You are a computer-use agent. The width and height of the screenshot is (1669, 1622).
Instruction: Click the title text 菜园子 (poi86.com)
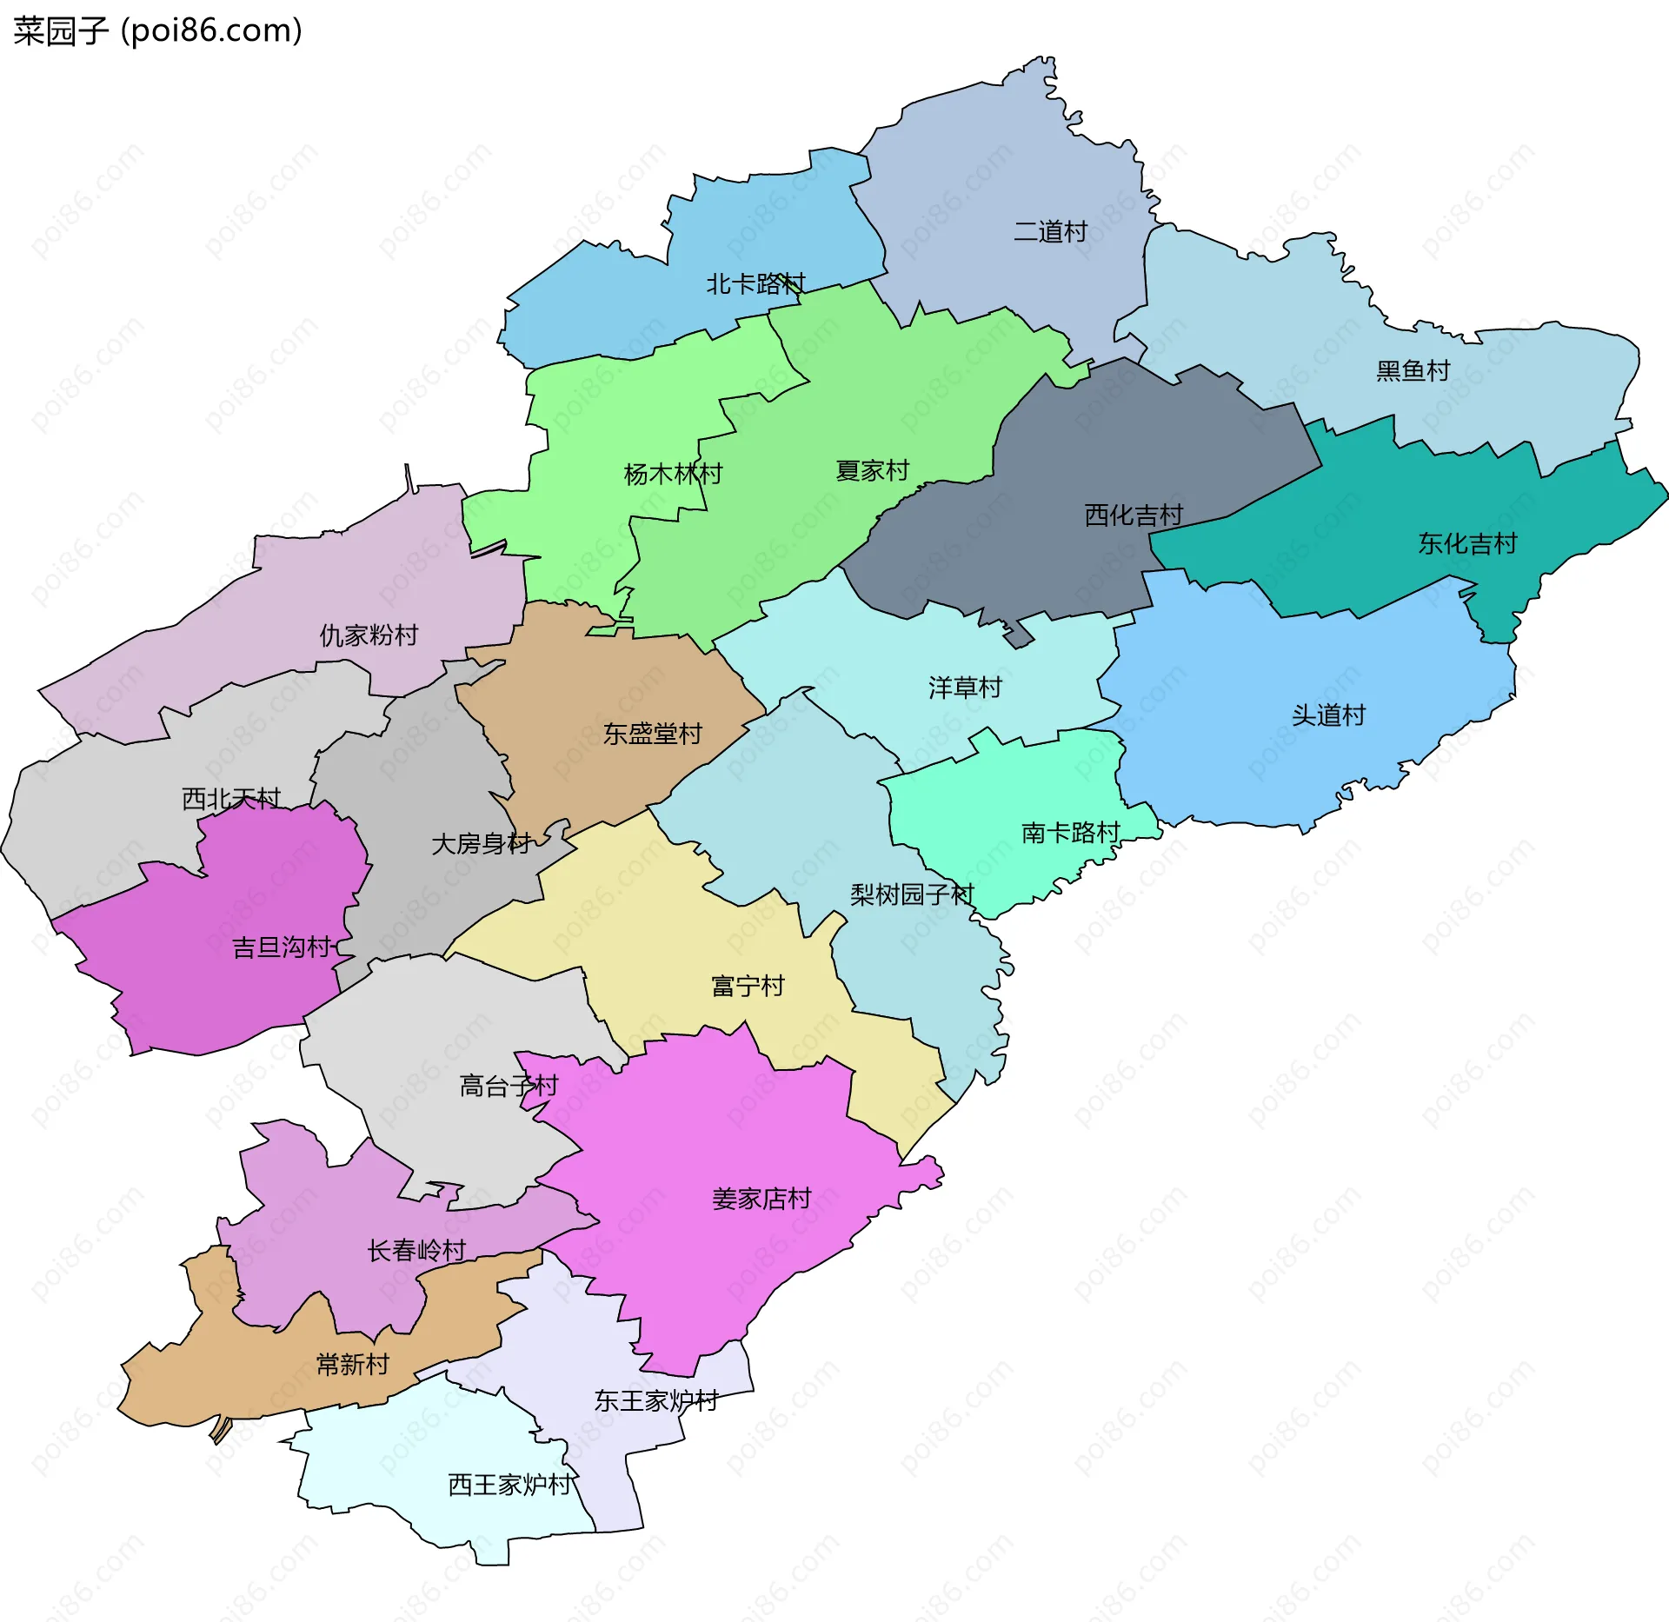click(x=157, y=30)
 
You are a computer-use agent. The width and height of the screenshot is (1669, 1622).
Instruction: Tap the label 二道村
click(x=1050, y=232)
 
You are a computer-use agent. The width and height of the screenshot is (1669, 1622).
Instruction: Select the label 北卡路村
click(x=755, y=284)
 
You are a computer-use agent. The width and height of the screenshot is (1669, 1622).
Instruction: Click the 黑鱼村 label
click(x=1413, y=371)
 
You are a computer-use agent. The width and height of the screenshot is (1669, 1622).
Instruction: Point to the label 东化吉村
click(x=1467, y=544)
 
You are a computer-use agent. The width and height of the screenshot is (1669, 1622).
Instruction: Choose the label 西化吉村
click(x=1133, y=515)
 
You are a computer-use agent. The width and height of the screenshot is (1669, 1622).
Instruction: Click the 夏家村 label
click(x=872, y=471)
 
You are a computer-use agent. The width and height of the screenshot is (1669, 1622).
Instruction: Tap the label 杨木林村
click(x=673, y=475)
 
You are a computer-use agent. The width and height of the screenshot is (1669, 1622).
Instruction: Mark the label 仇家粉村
click(x=369, y=635)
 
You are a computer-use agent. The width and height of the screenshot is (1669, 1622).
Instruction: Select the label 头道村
click(x=1328, y=715)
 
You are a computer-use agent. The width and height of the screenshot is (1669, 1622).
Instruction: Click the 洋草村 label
click(x=965, y=688)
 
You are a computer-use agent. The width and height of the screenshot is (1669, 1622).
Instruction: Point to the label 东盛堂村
click(x=652, y=735)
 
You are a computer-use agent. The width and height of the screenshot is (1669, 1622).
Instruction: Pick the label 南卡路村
click(x=1070, y=833)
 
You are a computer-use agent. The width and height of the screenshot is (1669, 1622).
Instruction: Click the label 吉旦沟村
click(x=282, y=947)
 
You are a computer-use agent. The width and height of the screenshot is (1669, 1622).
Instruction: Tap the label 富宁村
click(x=748, y=987)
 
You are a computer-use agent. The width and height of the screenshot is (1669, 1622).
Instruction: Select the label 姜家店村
click(x=761, y=1200)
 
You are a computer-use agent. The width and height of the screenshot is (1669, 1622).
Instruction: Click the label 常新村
click(x=352, y=1365)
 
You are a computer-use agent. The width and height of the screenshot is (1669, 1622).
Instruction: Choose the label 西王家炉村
click(x=509, y=1485)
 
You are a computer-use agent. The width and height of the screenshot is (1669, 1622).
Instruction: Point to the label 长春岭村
click(x=416, y=1251)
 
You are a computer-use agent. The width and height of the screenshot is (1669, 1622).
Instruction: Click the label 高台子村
click(x=509, y=1087)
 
